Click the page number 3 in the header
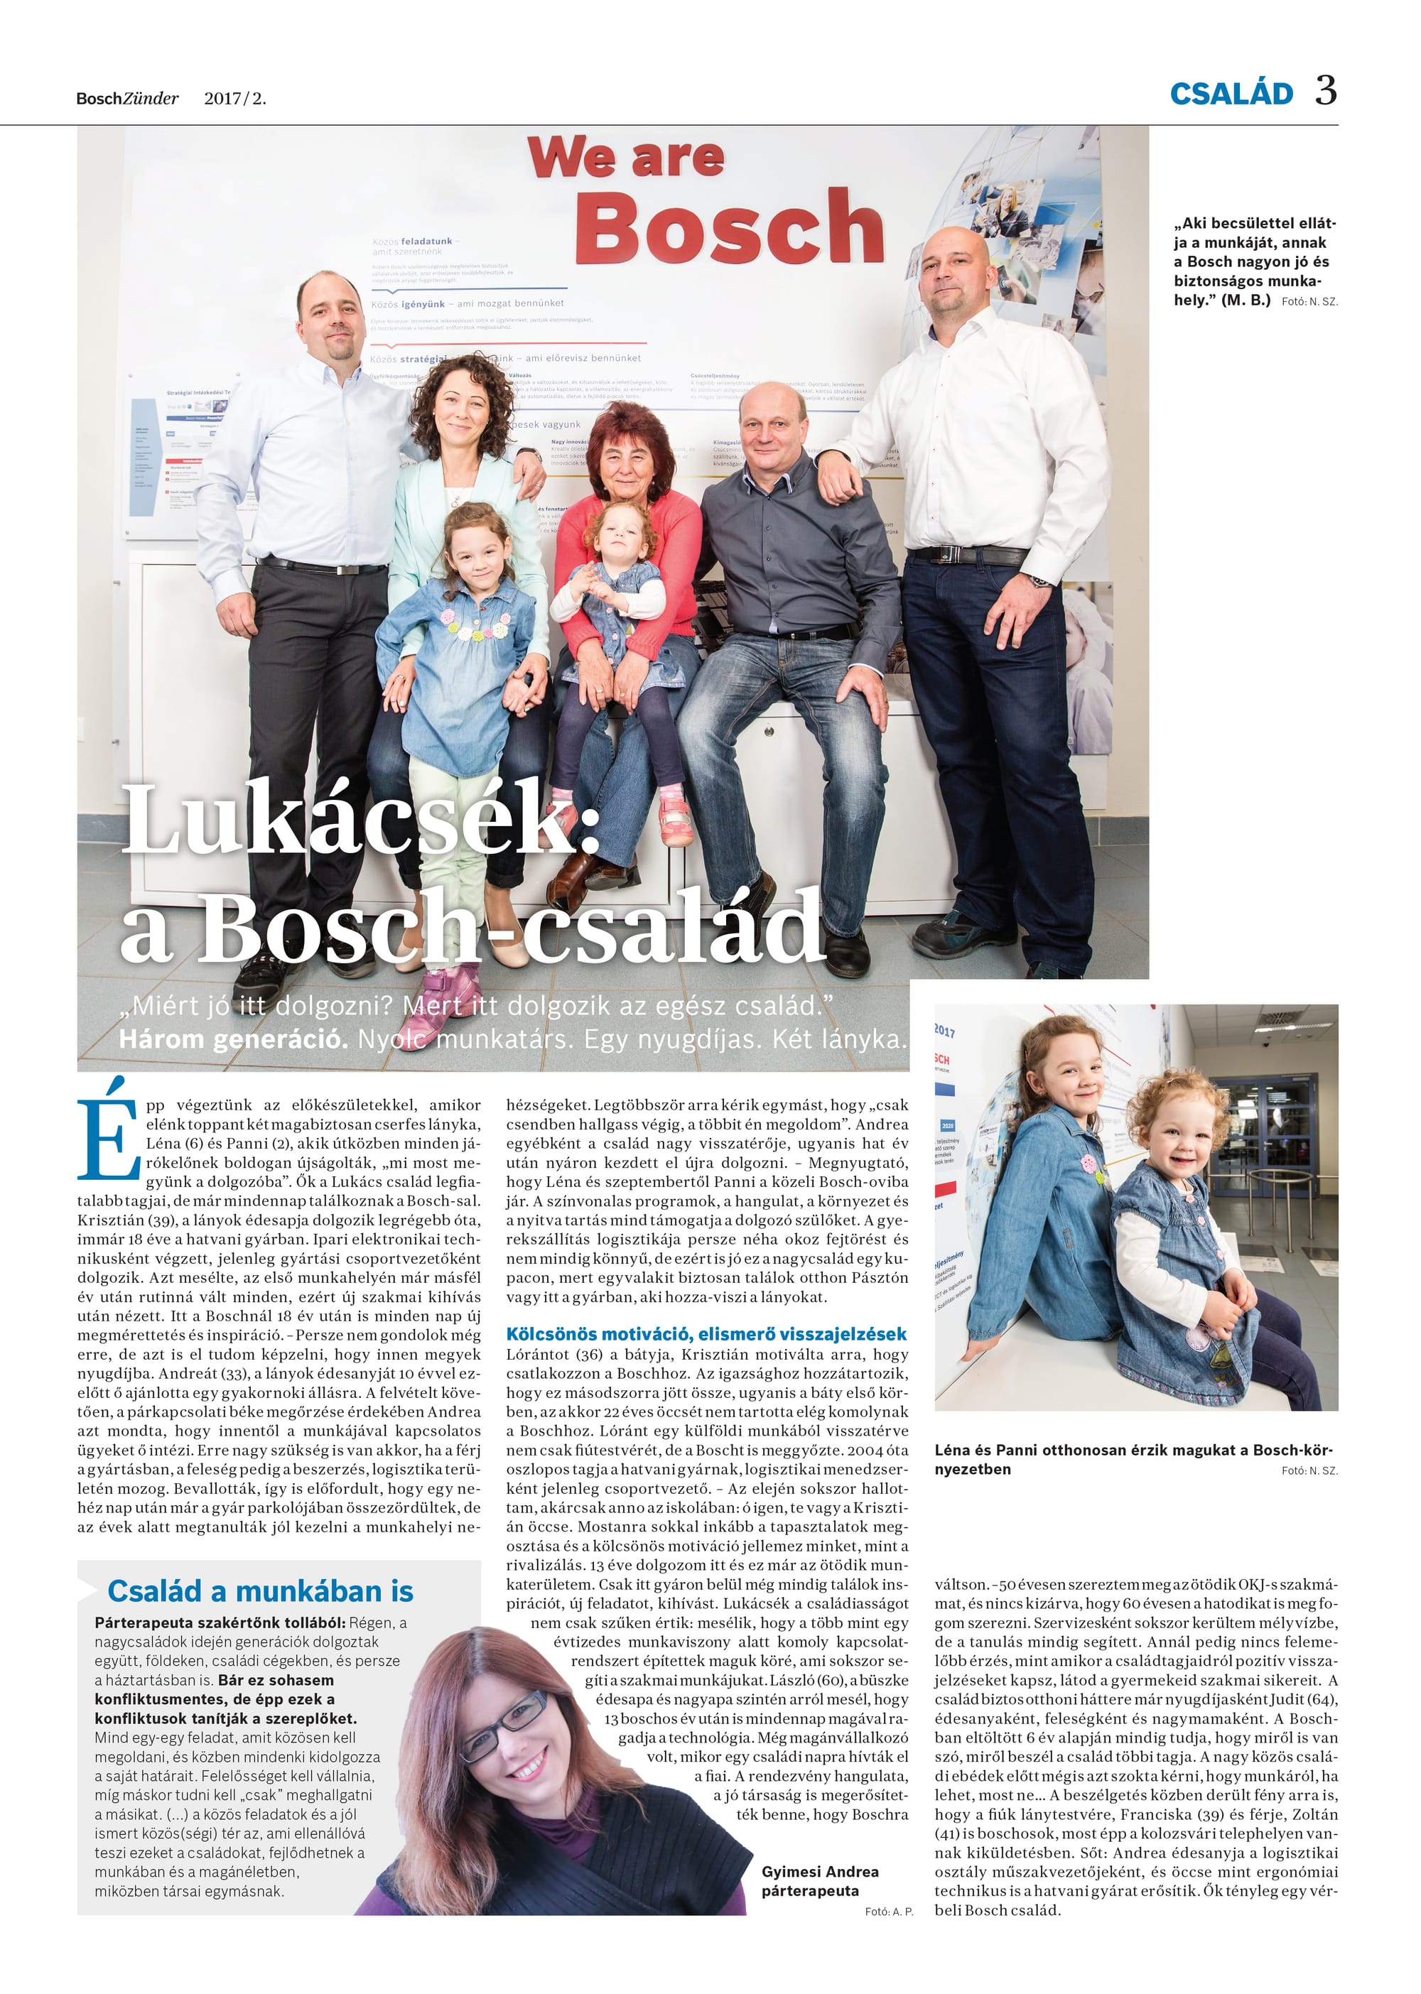[x=1325, y=91]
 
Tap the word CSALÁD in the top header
[x=1231, y=94]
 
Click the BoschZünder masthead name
[x=127, y=99]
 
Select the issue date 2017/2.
[x=234, y=99]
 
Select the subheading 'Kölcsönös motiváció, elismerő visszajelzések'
[x=706, y=1334]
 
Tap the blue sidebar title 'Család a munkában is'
[x=260, y=1590]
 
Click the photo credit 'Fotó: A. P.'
[x=888, y=1911]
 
